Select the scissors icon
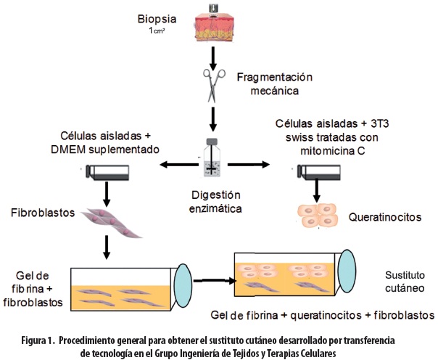point(213,83)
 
